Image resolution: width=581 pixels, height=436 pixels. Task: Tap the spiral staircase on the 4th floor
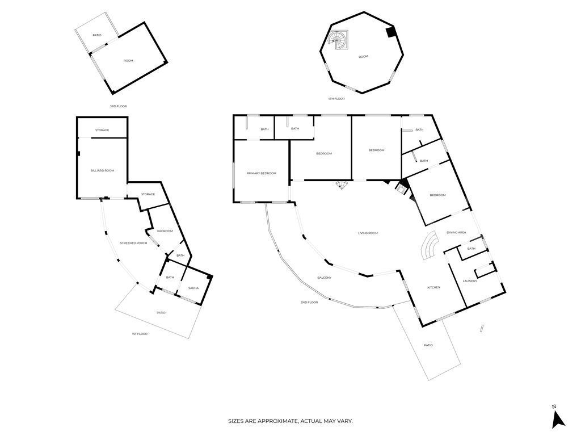[x=339, y=40]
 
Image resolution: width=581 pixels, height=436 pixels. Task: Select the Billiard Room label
[x=102, y=170]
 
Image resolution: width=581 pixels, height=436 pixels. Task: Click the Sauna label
[x=193, y=288]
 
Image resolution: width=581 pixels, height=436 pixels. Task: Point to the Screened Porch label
[x=133, y=243]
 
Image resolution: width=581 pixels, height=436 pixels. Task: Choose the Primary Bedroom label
[x=261, y=173]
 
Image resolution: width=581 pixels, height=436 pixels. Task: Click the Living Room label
[x=368, y=233]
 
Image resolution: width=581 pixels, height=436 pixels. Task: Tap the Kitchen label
[x=433, y=287]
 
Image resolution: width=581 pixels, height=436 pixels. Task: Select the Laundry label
[x=470, y=280]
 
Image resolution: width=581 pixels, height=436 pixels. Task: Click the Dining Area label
[x=456, y=232]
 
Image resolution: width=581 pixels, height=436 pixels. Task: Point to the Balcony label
[x=325, y=278]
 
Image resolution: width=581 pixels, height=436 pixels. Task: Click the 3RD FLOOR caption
[x=118, y=106]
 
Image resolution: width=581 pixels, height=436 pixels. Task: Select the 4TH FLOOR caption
[x=336, y=99]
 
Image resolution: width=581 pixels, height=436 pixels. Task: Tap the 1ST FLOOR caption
[x=139, y=334]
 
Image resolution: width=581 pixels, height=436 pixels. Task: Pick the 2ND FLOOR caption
[x=309, y=303]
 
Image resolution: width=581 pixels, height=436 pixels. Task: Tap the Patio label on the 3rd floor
[x=97, y=35]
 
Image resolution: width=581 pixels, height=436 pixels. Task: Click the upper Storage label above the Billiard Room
[x=102, y=130]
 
